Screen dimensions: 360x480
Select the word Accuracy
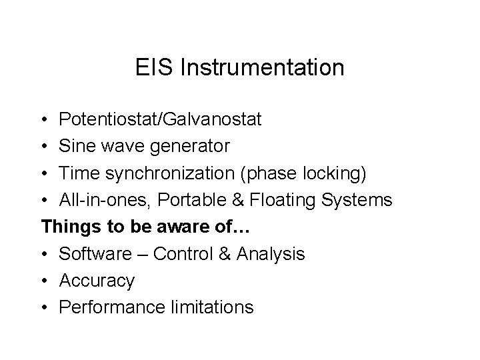97,281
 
